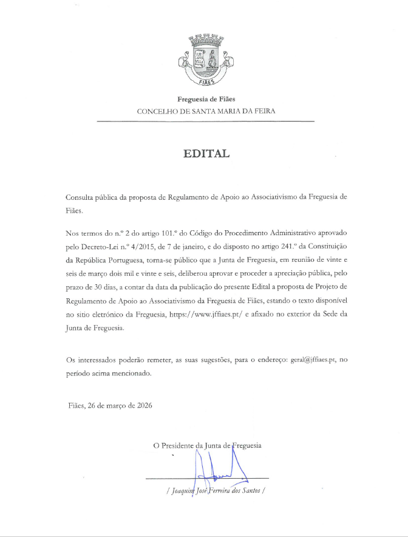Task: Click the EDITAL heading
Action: click(x=206, y=154)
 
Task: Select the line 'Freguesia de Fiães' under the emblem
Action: click(x=206, y=99)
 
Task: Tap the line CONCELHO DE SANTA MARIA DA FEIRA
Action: click(x=206, y=112)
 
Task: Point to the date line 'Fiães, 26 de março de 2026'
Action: click(x=110, y=405)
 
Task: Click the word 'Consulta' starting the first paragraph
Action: click(x=80, y=199)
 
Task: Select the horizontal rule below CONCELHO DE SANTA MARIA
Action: click(x=206, y=122)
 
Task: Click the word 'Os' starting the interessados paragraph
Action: click(x=70, y=360)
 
